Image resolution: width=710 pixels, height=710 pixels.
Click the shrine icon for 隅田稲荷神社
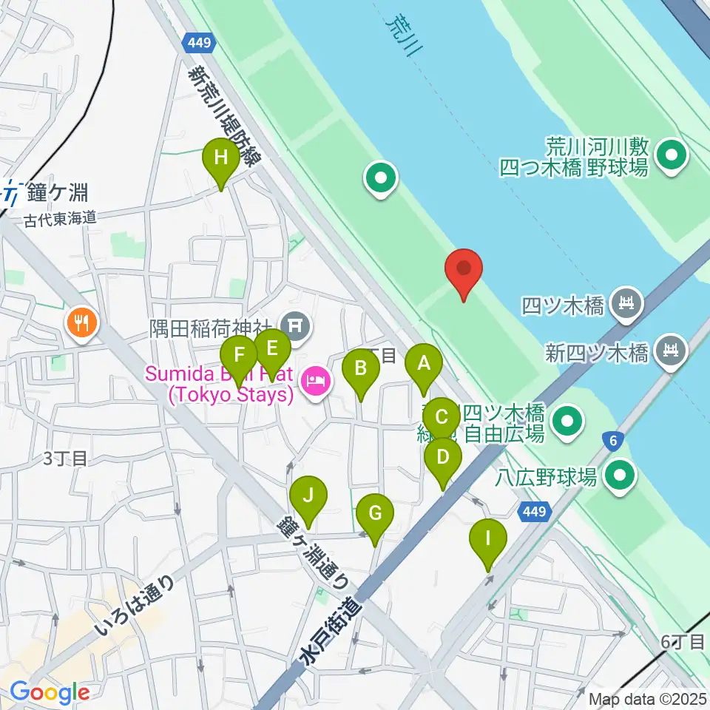click(x=295, y=323)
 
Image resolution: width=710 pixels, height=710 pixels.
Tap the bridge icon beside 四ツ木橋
click(x=627, y=302)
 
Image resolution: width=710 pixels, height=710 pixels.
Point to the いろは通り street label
click(x=135, y=605)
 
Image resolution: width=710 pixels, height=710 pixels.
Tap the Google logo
click(x=50, y=692)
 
